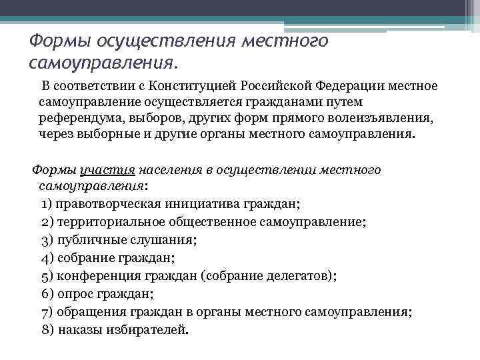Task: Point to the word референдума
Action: pyautogui.click(x=73, y=118)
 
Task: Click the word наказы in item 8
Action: pyautogui.click(x=80, y=329)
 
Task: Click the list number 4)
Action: pyautogui.click(x=47, y=257)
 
